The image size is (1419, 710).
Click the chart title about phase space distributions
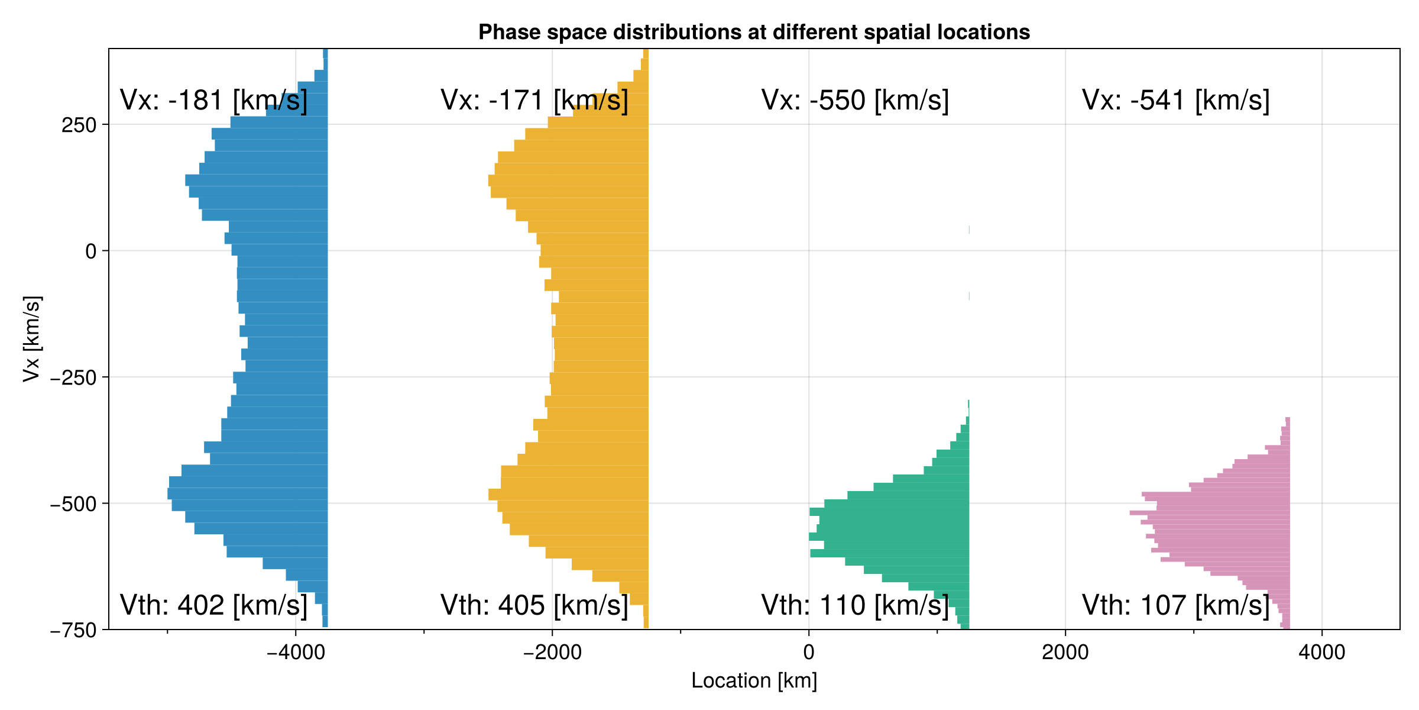[x=754, y=32]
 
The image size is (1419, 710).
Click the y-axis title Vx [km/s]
[x=32, y=338]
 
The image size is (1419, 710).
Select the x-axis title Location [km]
[x=754, y=680]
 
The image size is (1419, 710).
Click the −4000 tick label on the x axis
[x=296, y=653]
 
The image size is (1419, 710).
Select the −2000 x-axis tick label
[x=552, y=653]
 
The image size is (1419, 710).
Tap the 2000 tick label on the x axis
[x=1065, y=653]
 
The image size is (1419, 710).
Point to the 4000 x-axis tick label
[x=1321, y=653]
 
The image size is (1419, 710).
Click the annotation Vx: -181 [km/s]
[x=213, y=101]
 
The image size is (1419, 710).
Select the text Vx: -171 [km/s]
[x=534, y=101]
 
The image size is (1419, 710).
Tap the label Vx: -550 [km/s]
[x=855, y=101]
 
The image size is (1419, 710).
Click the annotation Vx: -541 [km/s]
[x=1175, y=101]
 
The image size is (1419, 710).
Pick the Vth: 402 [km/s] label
[x=213, y=605]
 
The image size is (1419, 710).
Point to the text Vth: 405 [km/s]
[x=534, y=605]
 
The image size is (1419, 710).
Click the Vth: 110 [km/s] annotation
[x=855, y=605]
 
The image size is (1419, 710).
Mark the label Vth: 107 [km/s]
[x=1175, y=605]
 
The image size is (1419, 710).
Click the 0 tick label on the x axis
[x=809, y=653]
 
